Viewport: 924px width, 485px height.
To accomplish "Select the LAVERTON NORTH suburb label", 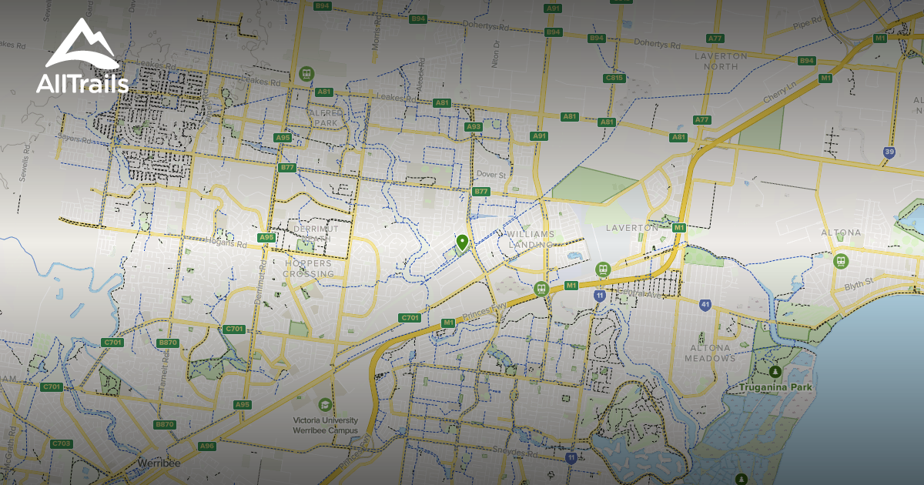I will pyautogui.click(x=720, y=61).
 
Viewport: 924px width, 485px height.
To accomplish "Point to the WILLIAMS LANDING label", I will pyautogui.click(x=531, y=239).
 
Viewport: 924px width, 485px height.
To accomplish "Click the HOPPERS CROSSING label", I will pyautogui.click(x=308, y=269).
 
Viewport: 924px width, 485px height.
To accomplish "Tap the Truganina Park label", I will pyautogui.click(x=775, y=387).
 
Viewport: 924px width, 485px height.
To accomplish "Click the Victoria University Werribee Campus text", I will pyautogui.click(x=326, y=425).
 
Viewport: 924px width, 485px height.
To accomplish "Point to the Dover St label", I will pyautogui.click(x=490, y=175).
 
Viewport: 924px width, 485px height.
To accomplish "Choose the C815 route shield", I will pyautogui.click(x=614, y=78).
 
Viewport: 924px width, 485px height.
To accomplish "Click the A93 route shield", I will pyautogui.click(x=474, y=127).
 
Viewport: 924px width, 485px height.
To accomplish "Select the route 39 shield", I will pyautogui.click(x=889, y=152).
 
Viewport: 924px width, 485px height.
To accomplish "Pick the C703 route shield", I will pyautogui.click(x=62, y=443).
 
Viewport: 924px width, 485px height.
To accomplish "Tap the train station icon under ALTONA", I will pyautogui.click(x=840, y=260).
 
